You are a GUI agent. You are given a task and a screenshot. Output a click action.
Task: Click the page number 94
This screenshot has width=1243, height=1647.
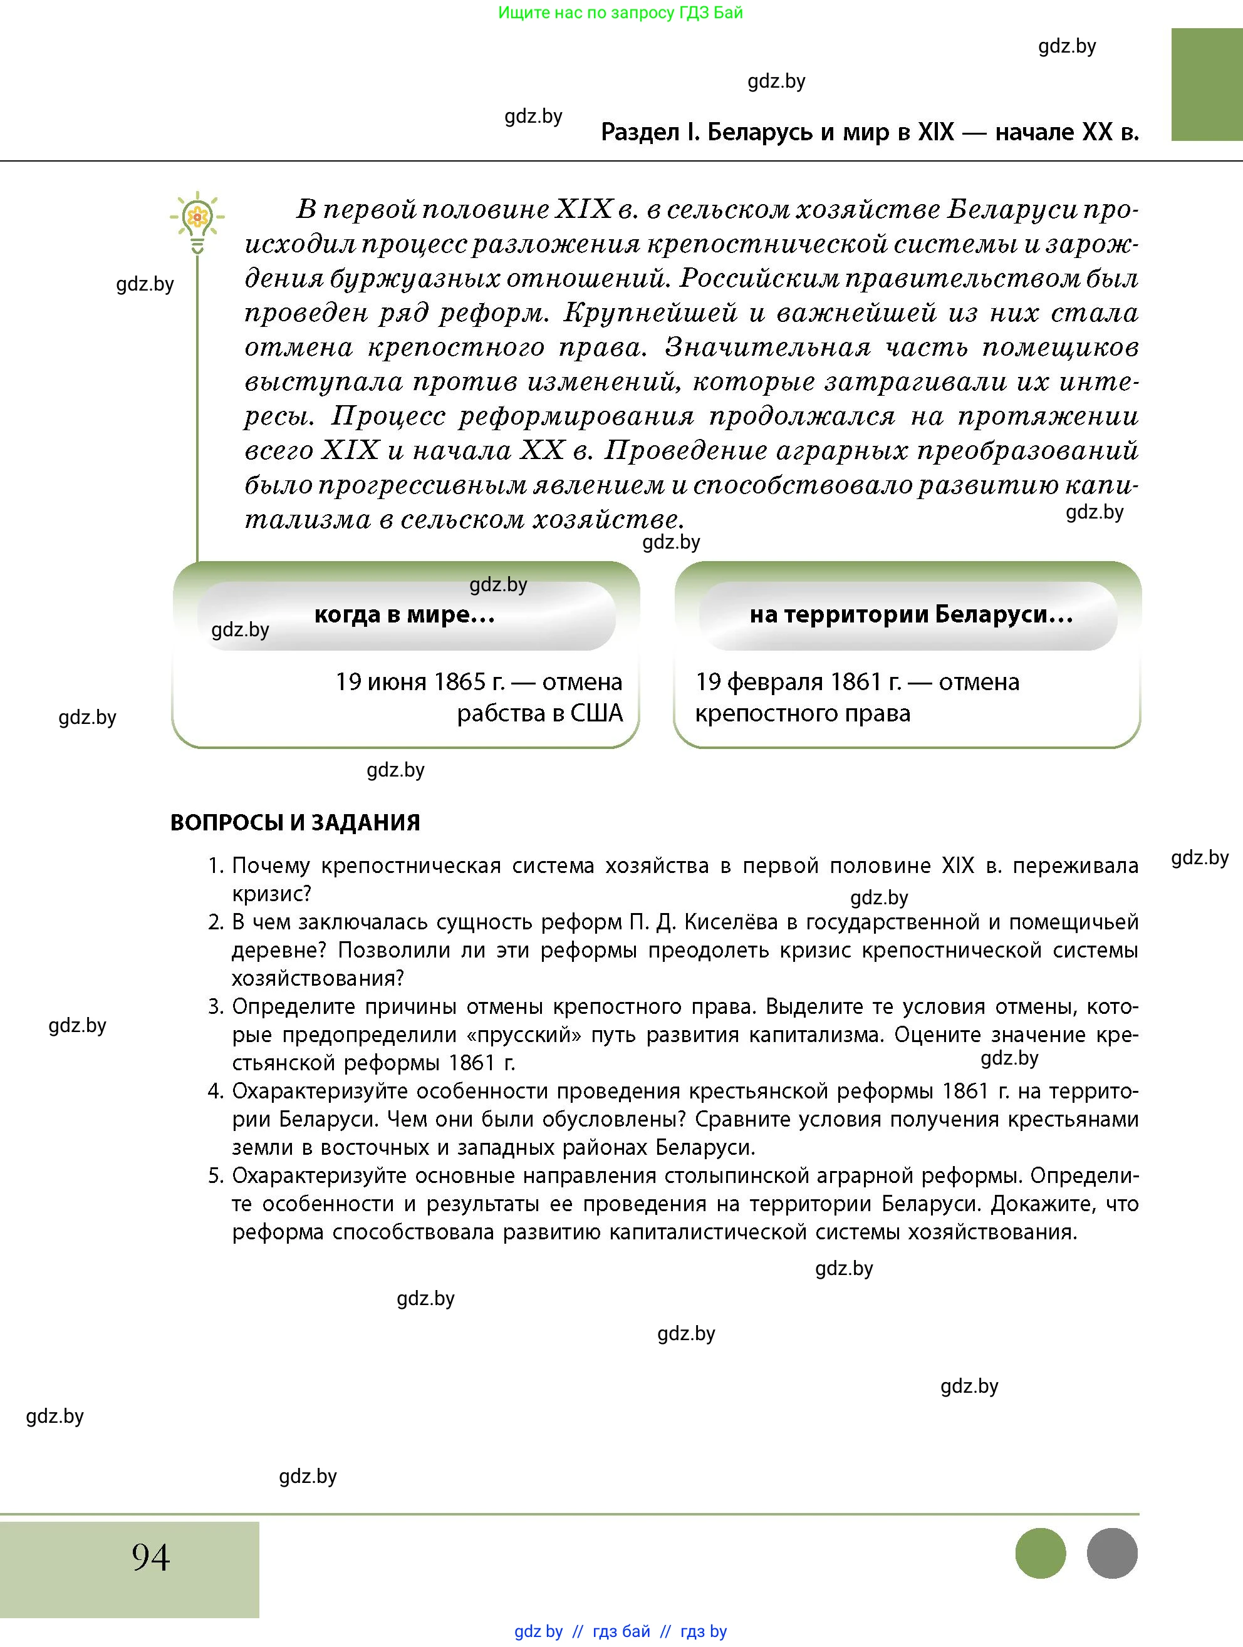(x=150, y=1557)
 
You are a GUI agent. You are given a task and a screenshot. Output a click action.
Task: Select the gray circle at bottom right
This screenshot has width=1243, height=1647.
(x=1112, y=1553)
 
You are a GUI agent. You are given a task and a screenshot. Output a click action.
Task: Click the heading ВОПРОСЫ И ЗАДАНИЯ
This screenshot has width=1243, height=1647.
(x=295, y=823)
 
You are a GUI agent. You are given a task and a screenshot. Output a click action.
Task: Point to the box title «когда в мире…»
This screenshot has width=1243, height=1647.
(x=404, y=615)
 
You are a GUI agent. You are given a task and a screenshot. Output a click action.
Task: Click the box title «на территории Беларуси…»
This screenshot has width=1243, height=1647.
(x=911, y=615)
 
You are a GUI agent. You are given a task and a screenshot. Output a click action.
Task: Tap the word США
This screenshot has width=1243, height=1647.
(x=596, y=713)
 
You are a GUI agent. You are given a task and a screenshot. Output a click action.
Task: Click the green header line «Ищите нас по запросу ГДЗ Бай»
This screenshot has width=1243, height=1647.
(x=620, y=13)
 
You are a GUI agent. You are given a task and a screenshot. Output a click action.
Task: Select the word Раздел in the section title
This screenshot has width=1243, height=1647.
(x=640, y=133)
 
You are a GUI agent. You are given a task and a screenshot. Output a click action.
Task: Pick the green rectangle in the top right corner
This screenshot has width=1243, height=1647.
(x=1207, y=84)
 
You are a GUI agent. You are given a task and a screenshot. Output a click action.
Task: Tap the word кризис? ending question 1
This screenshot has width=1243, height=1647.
(x=271, y=894)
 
